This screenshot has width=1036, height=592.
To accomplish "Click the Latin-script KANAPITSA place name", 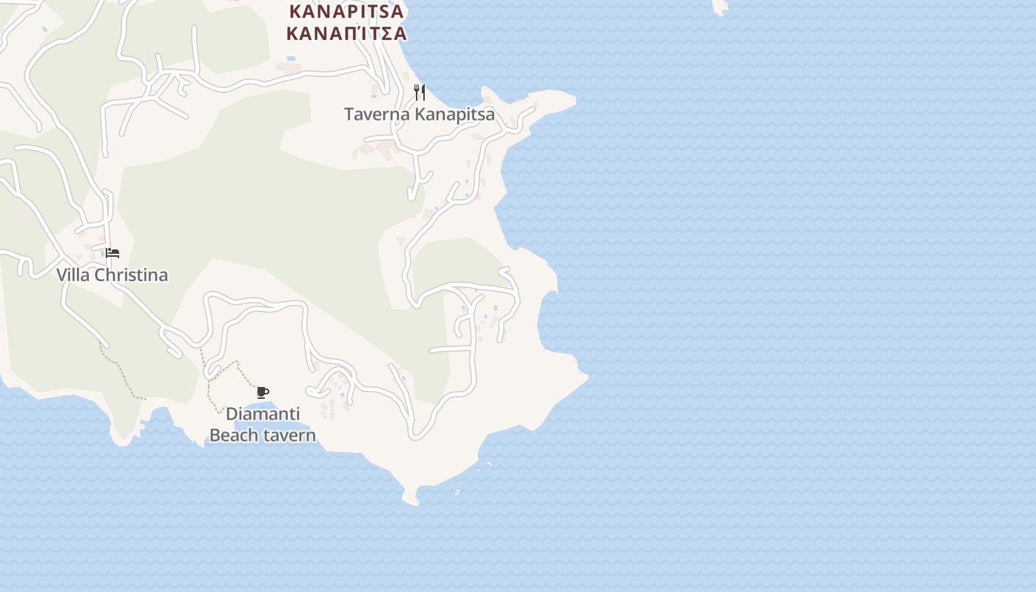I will point(346,12).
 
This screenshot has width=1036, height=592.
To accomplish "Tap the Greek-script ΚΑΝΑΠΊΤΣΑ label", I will point(346,33).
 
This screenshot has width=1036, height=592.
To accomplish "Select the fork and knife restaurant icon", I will point(420,92).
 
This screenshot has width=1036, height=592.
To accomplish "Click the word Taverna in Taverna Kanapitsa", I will point(377,115).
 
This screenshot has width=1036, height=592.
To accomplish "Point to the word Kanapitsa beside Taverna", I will point(454,115).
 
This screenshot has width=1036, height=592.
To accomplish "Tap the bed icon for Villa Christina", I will point(112,253).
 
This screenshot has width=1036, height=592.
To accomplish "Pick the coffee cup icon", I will point(262,392).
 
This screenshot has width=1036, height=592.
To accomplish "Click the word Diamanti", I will point(263,414).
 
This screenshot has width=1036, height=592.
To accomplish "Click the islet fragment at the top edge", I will point(720,6).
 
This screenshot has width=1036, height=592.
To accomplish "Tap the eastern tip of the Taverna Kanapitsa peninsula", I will point(573,99).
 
